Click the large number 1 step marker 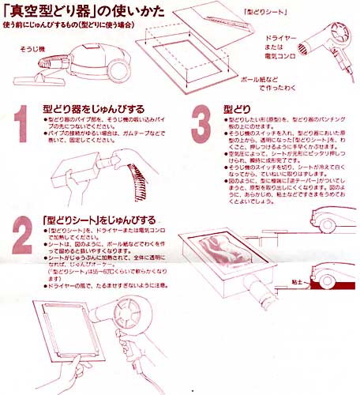pyautogui.click(x=23, y=123)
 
